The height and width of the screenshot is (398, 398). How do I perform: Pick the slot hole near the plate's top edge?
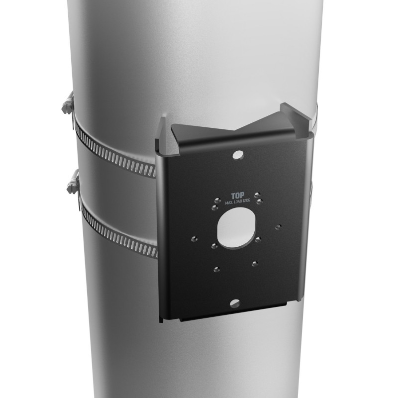(x=238, y=155)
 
